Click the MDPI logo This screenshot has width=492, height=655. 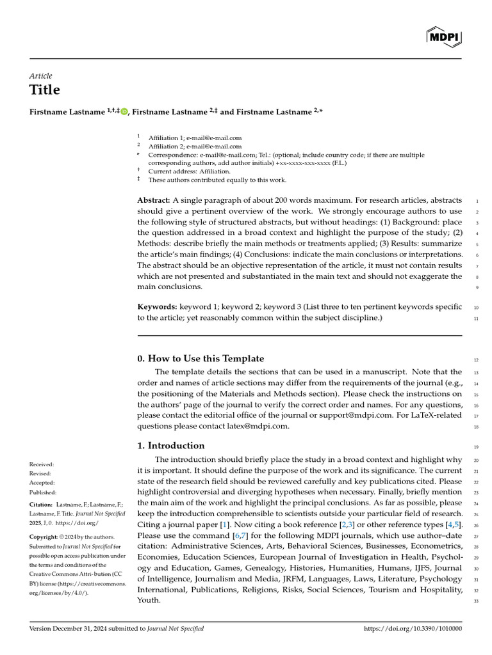[x=444, y=38]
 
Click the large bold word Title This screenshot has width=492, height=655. [x=45, y=90]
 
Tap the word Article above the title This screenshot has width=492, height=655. [x=41, y=75]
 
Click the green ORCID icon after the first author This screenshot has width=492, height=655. [x=124, y=111]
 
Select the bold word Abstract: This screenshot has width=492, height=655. [x=154, y=200]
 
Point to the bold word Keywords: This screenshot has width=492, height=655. [x=157, y=307]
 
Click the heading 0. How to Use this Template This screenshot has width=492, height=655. [x=201, y=359]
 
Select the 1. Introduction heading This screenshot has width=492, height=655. [x=171, y=446]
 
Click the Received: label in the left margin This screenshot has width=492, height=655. [x=42, y=464]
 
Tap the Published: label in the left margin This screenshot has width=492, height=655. [x=43, y=493]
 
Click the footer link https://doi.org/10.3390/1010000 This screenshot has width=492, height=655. [x=413, y=629]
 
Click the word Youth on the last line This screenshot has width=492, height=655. [x=148, y=600]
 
